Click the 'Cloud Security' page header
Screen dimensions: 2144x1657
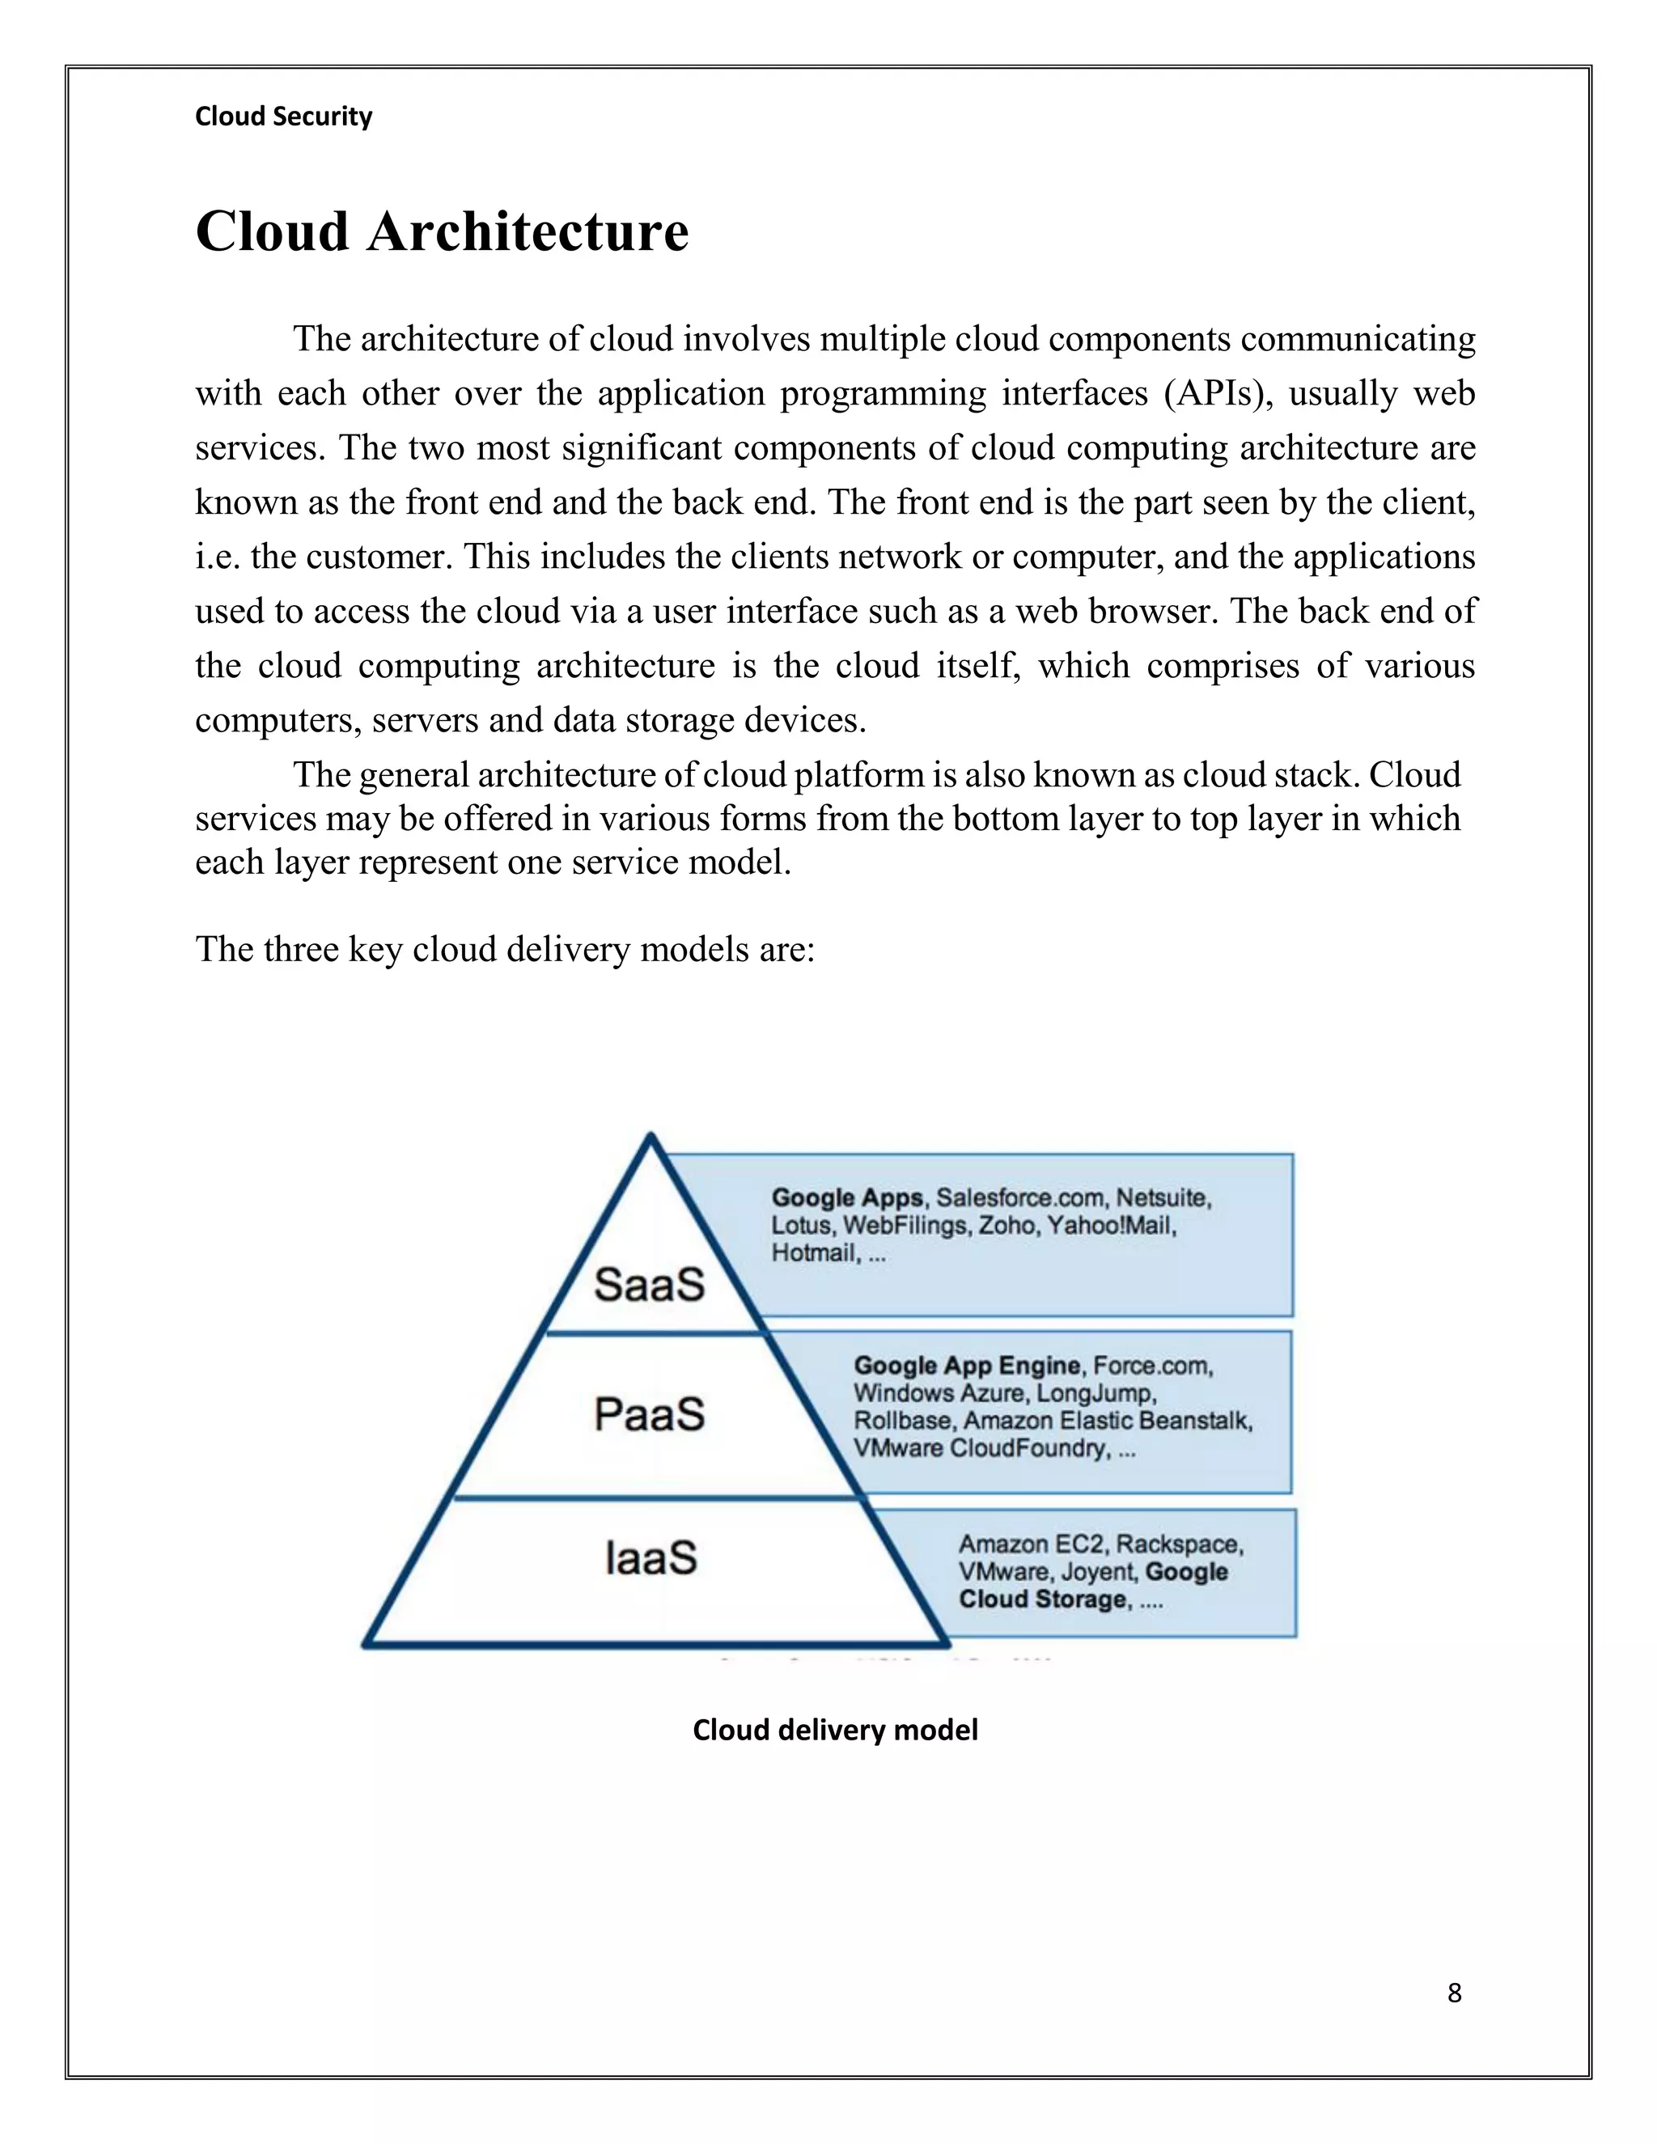point(284,117)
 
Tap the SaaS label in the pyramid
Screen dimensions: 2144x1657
point(650,1284)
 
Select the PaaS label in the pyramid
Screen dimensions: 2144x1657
point(650,1414)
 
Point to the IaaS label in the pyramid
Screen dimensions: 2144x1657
point(651,1558)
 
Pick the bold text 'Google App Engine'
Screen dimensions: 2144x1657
point(967,1366)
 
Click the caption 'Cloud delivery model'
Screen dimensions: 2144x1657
point(835,1730)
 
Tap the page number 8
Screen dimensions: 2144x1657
point(1455,1993)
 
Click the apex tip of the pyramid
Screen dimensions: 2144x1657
point(651,1137)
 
